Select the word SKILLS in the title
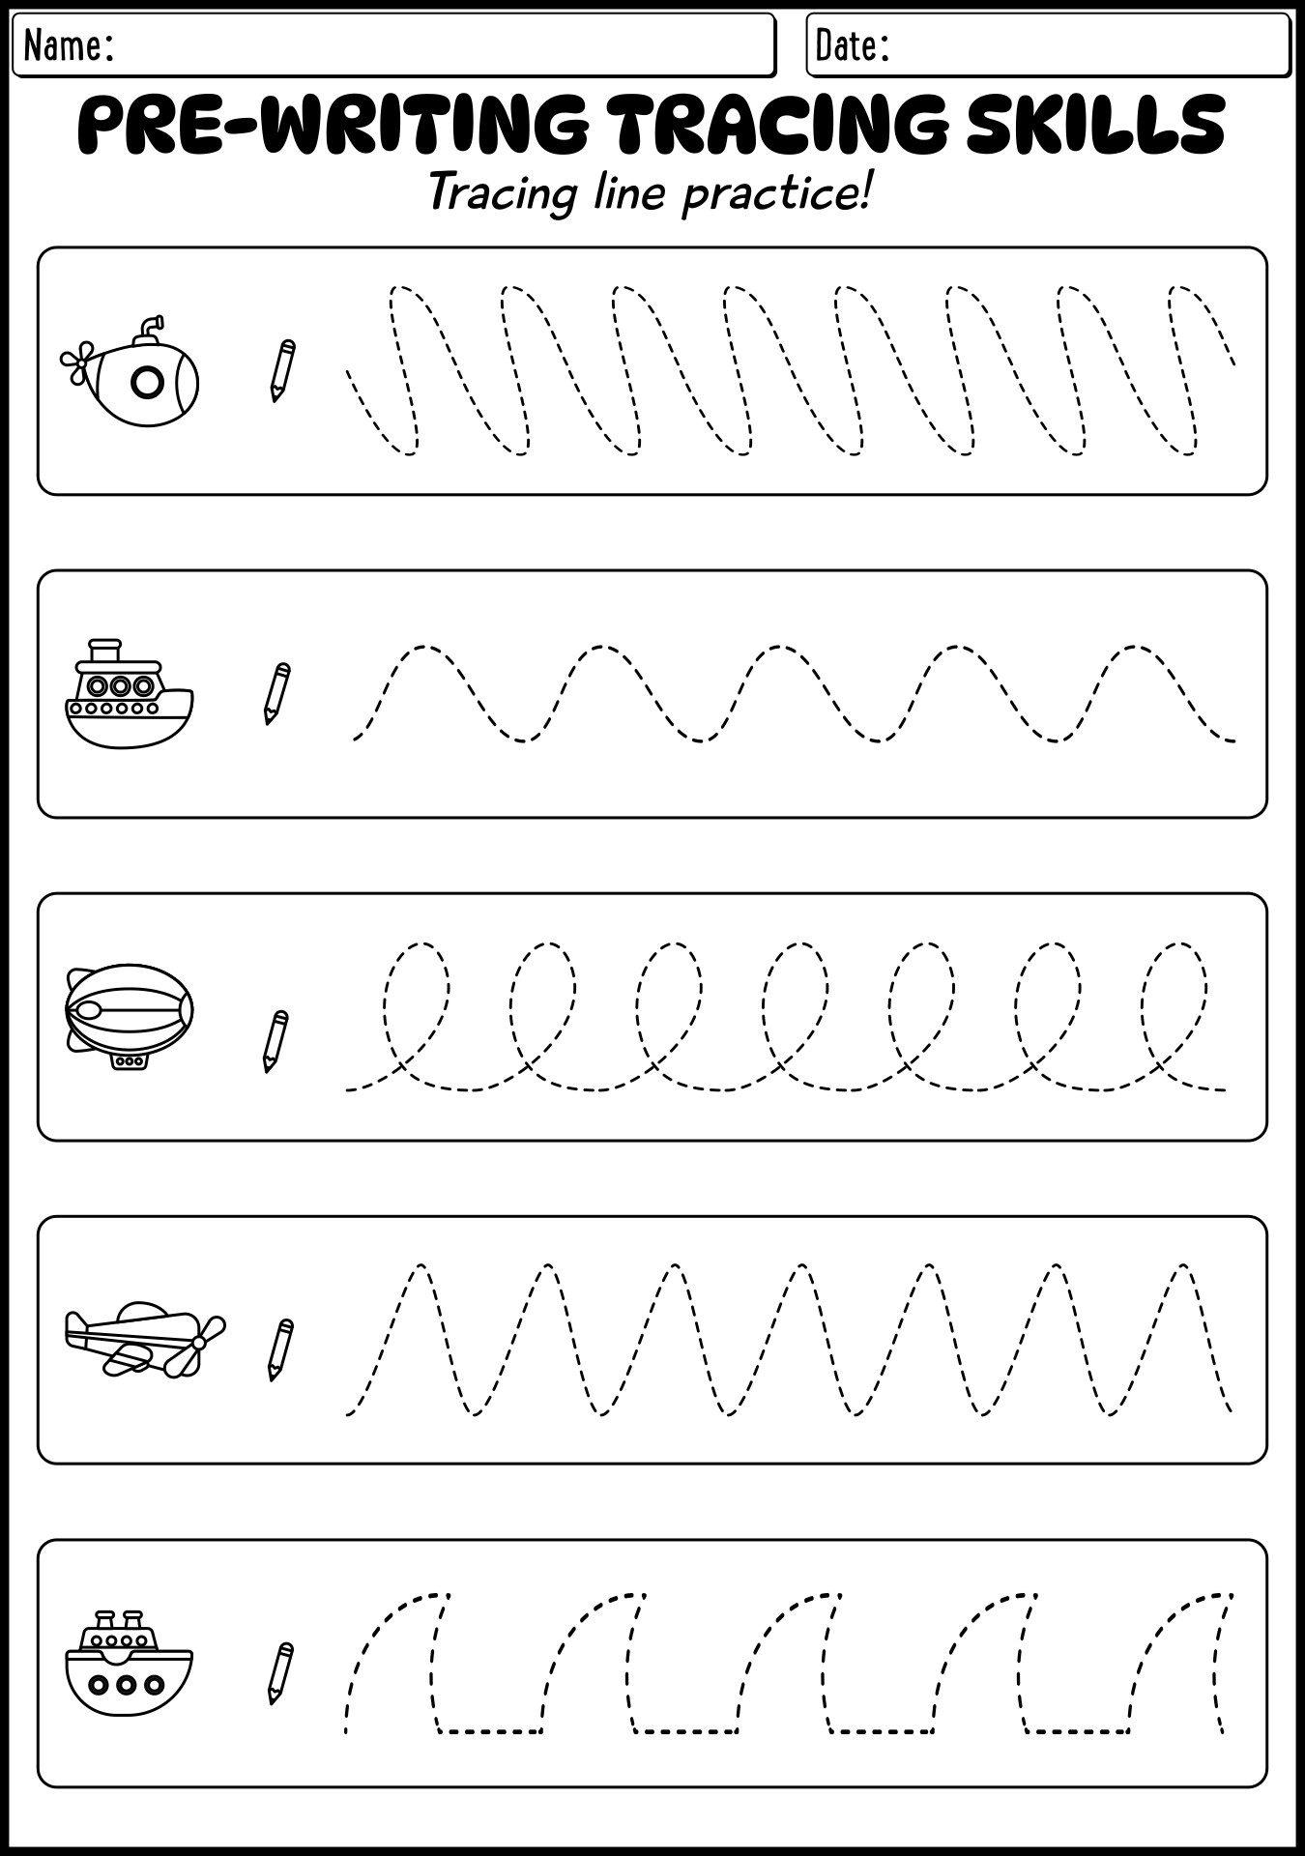click(1095, 125)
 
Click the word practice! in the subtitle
click(777, 194)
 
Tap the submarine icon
click(130, 371)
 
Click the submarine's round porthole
click(147, 384)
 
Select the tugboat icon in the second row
click(129, 693)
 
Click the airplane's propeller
click(199, 1343)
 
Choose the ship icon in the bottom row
click(129, 1663)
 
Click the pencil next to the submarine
click(282, 370)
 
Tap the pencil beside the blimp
click(275, 1041)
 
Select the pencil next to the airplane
click(280, 1349)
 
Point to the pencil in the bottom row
click(280, 1673)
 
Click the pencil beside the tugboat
click(276, 693)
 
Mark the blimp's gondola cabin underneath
click(130, 1061)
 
